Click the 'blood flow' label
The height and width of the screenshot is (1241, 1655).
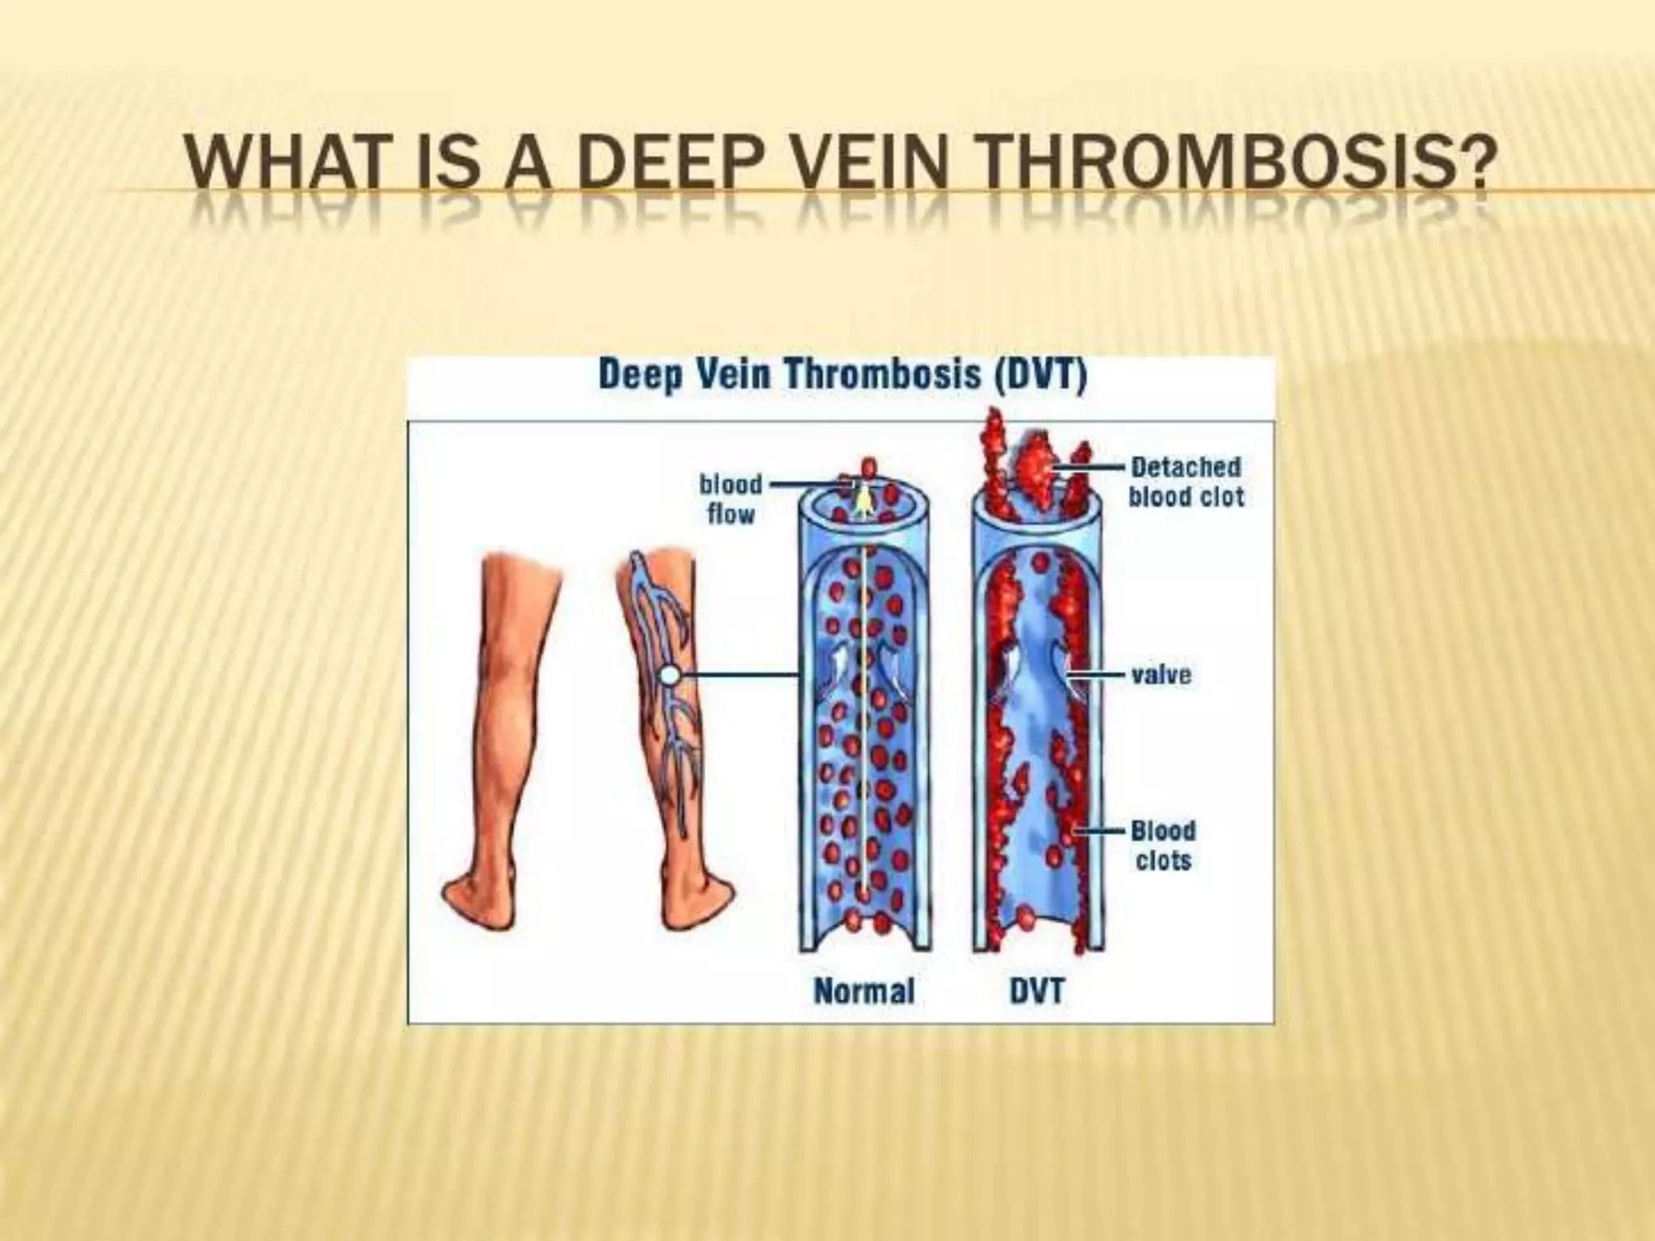(731, 499)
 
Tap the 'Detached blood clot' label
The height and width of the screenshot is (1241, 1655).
(1185, 482)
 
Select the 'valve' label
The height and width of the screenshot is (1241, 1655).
(1161, 675)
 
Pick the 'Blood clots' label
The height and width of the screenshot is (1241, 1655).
(1163, 845)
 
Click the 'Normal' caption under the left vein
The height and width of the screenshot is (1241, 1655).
(864, 991)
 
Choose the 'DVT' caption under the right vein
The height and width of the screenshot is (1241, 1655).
(1038, 991)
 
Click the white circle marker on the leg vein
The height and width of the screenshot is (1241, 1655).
(669, 675)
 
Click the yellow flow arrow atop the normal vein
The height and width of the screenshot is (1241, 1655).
(864, 503)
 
